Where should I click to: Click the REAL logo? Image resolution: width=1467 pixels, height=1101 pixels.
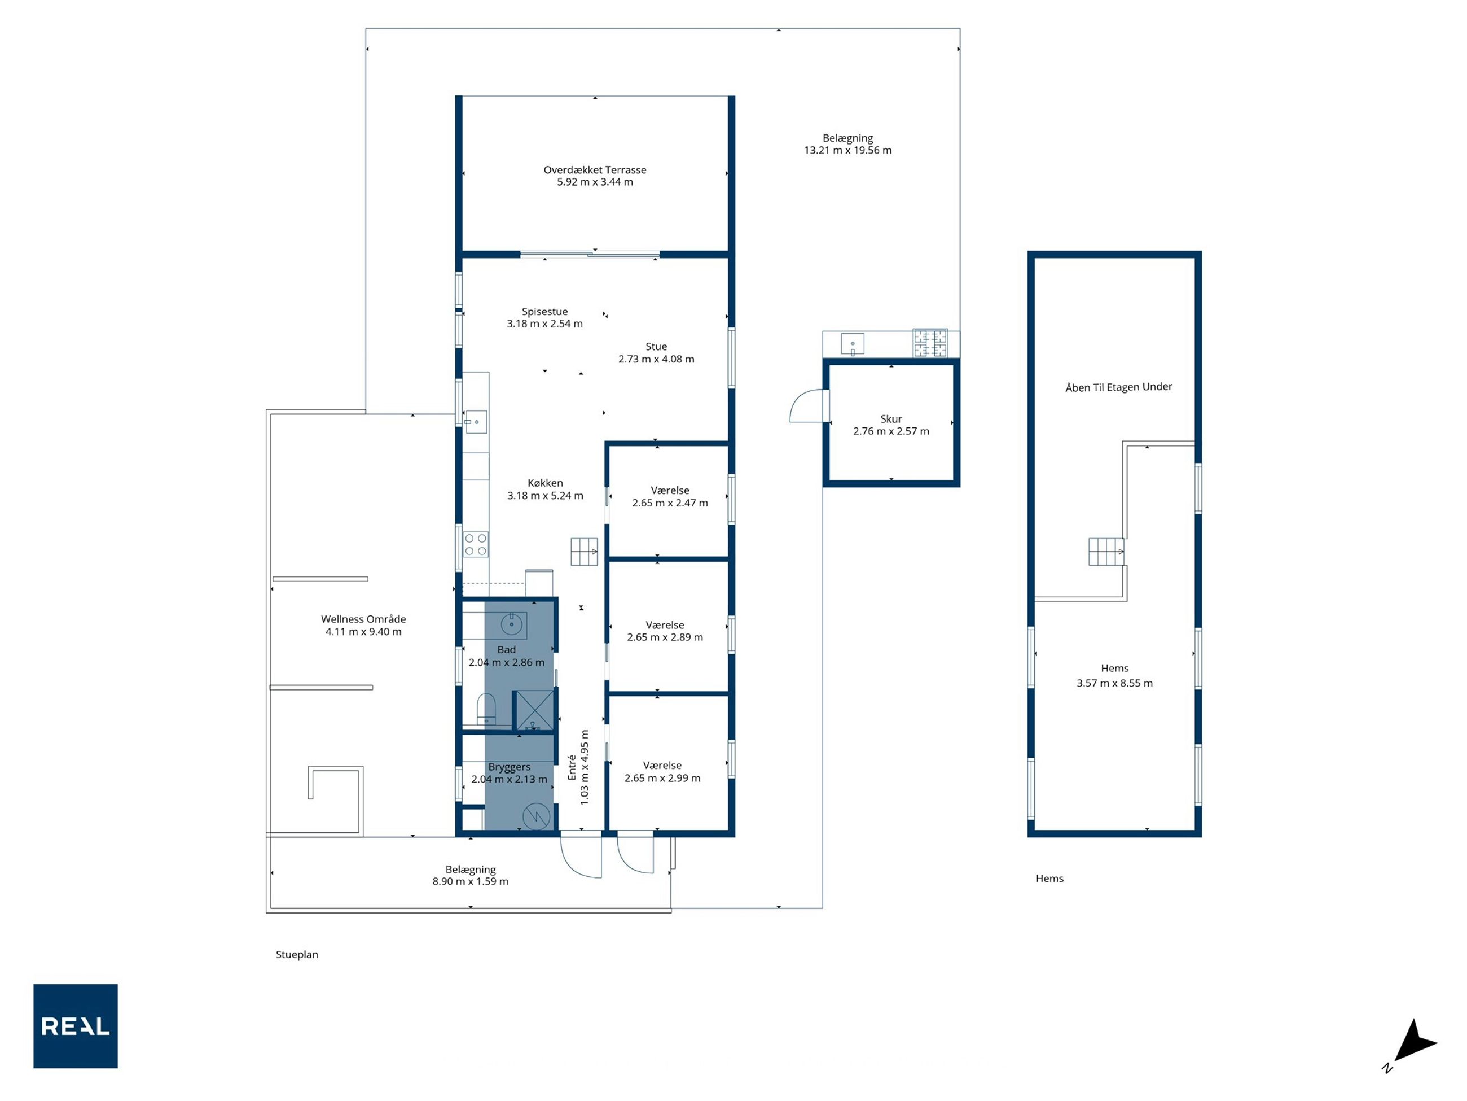tap(76, 1026)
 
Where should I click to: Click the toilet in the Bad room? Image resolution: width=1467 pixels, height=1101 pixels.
tap(486, 709)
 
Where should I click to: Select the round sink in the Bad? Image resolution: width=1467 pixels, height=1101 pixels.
tap(511, 624)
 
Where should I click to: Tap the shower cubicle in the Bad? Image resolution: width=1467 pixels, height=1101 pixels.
tap(534, 710)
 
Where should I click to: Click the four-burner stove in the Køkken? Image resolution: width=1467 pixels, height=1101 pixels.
tap(476, 545)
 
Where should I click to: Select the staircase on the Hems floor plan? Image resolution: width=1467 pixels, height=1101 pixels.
tap(1106, 552)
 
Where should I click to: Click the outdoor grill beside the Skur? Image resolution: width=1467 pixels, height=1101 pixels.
tap(930, 343)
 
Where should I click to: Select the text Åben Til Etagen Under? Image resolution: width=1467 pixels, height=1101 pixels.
tap(1119, 387)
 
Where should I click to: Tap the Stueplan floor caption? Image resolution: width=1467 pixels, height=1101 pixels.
tap(297, 954)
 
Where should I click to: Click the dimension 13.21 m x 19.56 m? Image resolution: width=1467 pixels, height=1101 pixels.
tap(847, 151)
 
